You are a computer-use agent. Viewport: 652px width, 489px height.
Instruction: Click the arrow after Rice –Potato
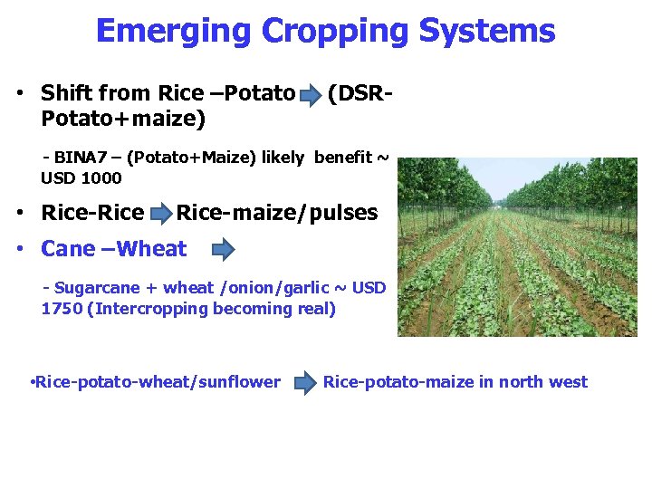tap(310, 94)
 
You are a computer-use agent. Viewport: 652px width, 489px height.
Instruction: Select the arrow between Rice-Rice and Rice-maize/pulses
tap(160, 215)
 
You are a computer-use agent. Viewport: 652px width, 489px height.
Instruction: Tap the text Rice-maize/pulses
tap(277, 214)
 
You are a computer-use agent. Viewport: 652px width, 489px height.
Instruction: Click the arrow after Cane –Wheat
tap(223, 249)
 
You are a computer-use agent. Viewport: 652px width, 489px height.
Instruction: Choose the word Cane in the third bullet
tap(68, 249)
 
